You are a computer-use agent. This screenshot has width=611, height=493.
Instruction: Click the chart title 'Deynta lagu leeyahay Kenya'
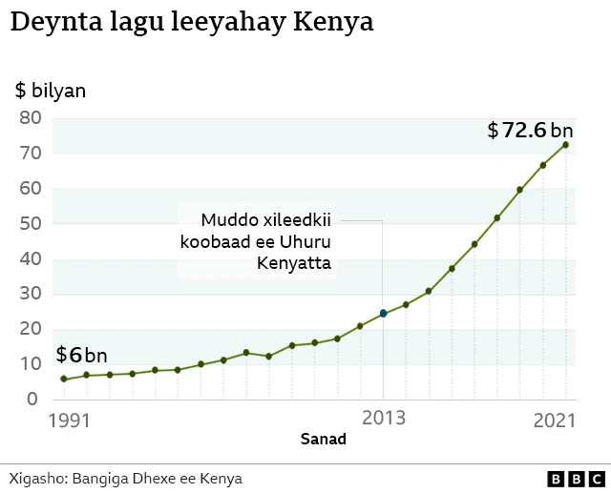191,23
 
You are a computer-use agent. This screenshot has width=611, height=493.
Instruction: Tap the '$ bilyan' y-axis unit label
51,91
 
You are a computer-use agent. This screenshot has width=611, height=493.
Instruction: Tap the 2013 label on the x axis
383,419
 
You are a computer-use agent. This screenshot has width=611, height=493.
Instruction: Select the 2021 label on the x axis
555,420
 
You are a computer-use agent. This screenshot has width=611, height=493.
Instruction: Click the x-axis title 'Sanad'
324,440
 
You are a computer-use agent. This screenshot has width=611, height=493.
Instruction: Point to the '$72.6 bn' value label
530,131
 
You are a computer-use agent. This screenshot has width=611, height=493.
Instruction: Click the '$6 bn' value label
81,356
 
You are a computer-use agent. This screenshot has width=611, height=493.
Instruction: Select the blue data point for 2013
383,313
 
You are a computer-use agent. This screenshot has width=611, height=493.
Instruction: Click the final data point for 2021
566,145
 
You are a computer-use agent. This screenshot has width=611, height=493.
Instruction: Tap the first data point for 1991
64,379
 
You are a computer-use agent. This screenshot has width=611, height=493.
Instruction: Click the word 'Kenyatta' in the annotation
295,263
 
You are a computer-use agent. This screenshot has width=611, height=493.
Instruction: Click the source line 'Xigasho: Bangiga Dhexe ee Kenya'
125,478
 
